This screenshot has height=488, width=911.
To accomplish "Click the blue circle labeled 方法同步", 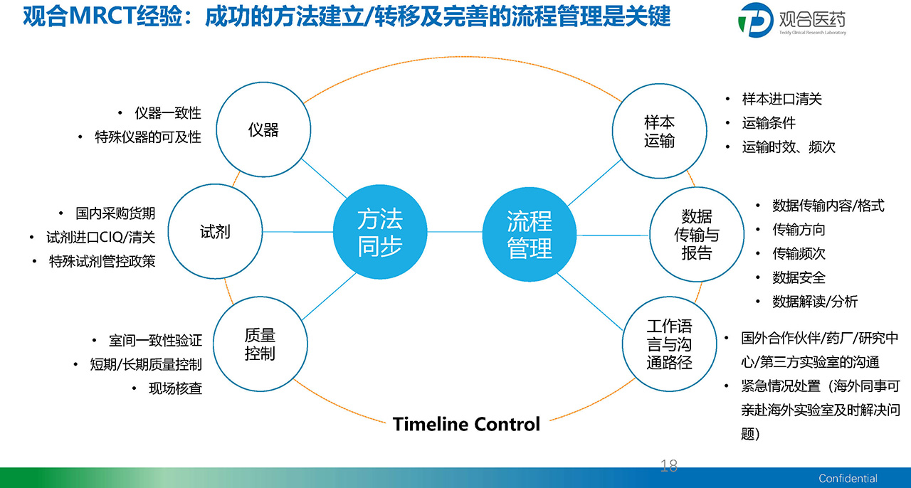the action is coord(380,232).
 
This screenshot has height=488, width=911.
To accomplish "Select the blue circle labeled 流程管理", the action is coord(529,234).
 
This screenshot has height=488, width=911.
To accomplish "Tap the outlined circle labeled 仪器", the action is coord(263,129).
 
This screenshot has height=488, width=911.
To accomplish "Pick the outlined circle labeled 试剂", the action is coord(215,231).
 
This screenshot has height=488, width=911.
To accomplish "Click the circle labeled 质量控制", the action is coord(260,344).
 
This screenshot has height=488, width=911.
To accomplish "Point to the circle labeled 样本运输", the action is coord(659,131).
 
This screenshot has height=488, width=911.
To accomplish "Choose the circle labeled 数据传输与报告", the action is coord(697,235).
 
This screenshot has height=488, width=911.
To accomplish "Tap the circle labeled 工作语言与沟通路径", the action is coord(670,344).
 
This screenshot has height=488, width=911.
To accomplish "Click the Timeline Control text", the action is coord(466,424).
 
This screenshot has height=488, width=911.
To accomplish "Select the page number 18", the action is coord(668,466).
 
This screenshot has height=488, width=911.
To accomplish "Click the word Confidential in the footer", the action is coord(848,478).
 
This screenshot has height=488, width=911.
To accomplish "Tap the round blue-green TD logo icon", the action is coord(756,20).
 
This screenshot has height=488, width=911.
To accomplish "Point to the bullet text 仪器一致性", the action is coord(168,113).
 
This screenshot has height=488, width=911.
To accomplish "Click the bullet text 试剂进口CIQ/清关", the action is coord(101,237).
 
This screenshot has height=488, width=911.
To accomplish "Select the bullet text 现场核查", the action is coord(175,388).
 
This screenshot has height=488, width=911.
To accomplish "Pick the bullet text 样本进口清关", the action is coord(781,99).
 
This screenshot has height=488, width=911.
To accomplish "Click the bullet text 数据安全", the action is coord(799,277).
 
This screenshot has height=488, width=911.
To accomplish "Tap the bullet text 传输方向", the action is coord(799,230).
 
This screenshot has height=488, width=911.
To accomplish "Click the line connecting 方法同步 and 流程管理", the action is coord(455,232).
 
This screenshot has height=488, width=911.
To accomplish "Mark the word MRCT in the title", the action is coord(101,16).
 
